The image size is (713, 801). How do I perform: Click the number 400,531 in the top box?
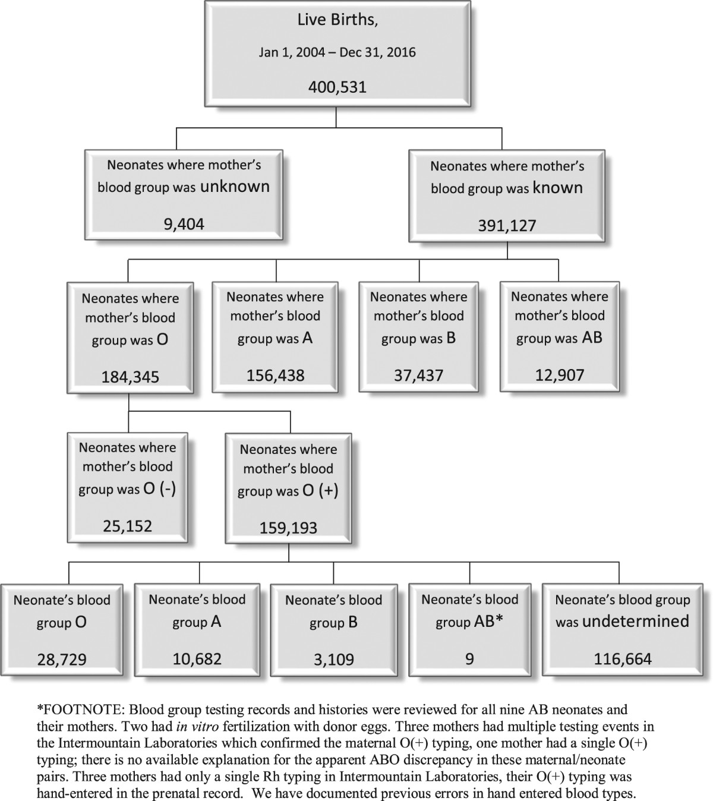click(337, 87)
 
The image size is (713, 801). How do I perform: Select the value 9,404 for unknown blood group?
click(184, 224)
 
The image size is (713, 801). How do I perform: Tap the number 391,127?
click(507, 225)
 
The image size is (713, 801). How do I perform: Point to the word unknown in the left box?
click(235, 187)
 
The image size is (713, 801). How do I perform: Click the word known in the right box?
click(557, 188)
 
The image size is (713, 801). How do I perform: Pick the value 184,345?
click(130, 377)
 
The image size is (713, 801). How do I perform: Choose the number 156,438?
click(275, 375)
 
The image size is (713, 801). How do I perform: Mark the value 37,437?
click(418, 375)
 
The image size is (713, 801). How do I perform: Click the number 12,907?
click(559, 375)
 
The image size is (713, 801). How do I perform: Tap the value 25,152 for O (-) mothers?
click(127, 526)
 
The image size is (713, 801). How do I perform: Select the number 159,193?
click(288, 528)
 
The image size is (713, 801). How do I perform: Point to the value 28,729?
click(62, 659)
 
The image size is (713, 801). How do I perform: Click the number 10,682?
click(197, 658)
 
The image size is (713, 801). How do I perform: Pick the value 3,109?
click(333, 660)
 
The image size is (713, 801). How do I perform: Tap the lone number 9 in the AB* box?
click(469, 659)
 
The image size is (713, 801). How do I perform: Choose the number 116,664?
click(623, 658)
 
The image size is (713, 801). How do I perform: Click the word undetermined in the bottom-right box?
click(636, 622)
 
